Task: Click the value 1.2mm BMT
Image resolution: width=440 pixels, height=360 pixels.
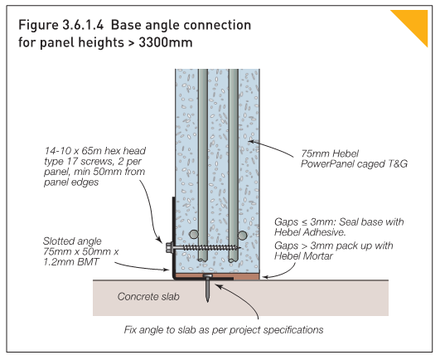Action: coord(69,265)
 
